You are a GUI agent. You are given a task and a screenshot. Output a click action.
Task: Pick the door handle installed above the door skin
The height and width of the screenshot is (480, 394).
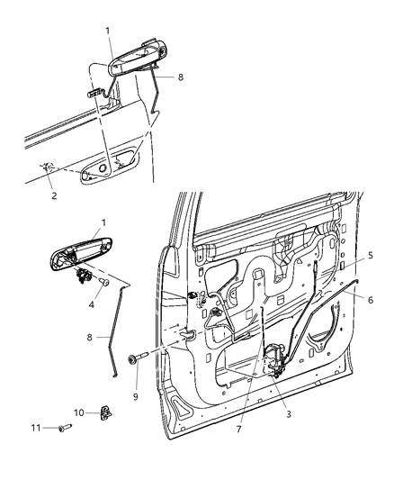132,63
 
